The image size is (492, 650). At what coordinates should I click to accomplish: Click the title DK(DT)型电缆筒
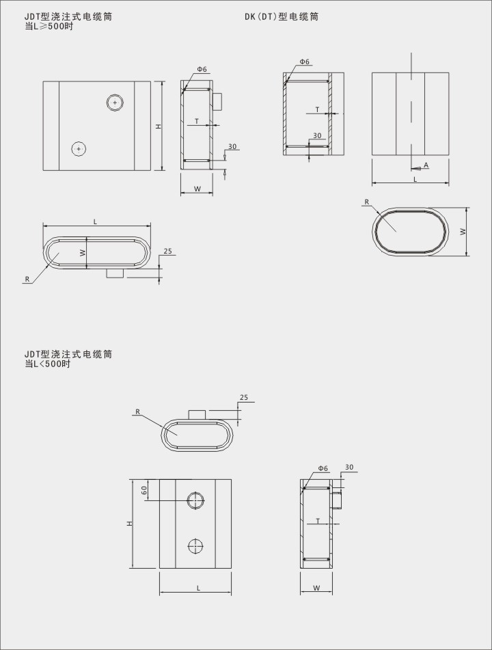coord(282,16)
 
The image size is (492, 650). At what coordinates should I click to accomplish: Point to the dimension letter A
coord(426,165)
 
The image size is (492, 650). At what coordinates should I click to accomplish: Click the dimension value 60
coord(144,490)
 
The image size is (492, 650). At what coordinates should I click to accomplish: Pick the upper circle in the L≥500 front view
coord(115,103)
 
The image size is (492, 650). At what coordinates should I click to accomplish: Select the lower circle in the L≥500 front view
coord(80,148)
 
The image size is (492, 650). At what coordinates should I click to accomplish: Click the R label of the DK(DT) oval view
coord(367,202)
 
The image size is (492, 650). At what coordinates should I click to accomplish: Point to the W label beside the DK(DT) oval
coord(463,232)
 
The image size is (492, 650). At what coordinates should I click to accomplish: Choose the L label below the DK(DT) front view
coord(415,179)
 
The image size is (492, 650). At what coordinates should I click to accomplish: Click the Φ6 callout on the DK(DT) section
coord(304,62)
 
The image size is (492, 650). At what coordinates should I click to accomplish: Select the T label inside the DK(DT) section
coord(317,109)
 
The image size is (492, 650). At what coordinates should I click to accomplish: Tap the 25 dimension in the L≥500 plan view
coord(167,251)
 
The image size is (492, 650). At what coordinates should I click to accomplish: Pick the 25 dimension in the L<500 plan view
coord(244,397)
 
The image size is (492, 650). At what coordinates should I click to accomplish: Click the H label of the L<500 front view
coord(128,523)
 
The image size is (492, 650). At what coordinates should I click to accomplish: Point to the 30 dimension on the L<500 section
coord(349,468)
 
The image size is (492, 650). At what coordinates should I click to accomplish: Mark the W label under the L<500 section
coord(316,588)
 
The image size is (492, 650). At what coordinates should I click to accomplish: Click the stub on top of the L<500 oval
coord(197,415)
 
